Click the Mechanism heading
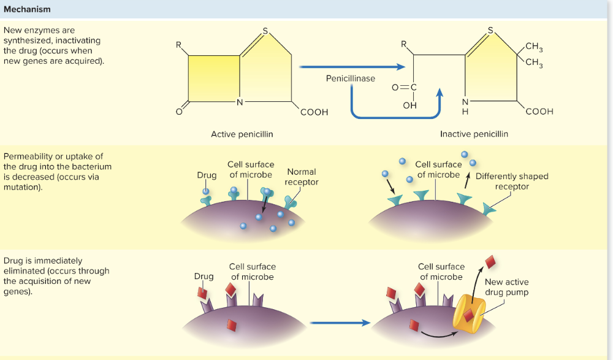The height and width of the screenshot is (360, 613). [x=27, y=10]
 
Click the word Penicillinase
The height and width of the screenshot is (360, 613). [x=351, y=79]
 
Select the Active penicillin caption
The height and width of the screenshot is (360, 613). [x=242, y=134]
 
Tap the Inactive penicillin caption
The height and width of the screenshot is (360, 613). [x=474, y=134]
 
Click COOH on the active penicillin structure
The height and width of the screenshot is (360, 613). [x=314, y=112]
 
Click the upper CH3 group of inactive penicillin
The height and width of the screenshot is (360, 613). [x=534, y=47]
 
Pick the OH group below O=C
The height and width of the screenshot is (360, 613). [x=410, y=105]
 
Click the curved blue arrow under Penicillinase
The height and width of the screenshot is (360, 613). [x=395, y=115]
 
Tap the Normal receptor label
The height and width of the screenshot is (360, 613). [x=302, y=177]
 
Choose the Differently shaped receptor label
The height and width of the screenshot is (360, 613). [x=512, y=181]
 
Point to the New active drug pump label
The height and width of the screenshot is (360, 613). [x=506, y=287]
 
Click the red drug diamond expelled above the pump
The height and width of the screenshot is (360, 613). [x=491, y=262]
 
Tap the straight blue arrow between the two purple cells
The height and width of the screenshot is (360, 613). [x=340, y=322]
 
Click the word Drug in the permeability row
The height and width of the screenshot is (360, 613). [x=207, y=175]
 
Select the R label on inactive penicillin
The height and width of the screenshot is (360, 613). [x=403, y=44]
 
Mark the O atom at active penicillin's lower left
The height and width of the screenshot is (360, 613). [x=178, y=112]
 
